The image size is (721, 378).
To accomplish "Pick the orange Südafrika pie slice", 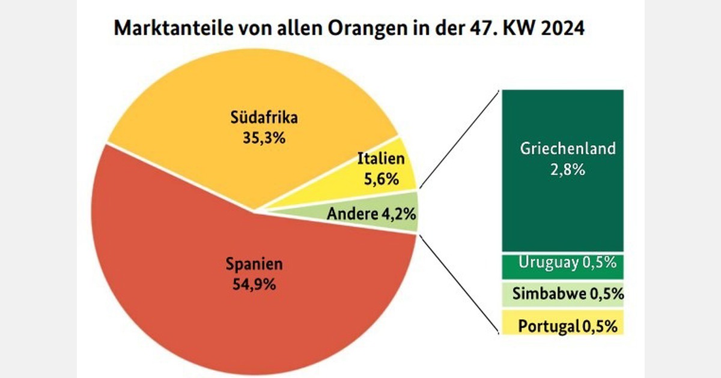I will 252,90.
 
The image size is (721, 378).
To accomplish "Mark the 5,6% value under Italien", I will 380,178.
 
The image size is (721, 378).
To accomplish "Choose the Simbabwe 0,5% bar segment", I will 562,293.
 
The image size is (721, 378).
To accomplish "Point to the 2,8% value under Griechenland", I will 567,170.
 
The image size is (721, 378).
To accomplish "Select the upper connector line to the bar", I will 460,138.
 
